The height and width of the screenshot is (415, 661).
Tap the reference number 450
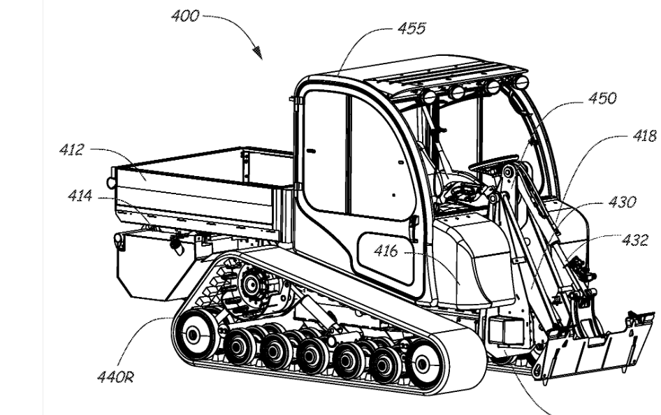(x=602, y=99)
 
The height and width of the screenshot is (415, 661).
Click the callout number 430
(x=620, y=203)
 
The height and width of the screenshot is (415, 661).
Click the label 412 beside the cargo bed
(x=72, y=149)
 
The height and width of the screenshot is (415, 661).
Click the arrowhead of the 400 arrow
(x=260, y=54)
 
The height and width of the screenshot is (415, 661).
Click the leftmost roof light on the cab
(x=429, y=96)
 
